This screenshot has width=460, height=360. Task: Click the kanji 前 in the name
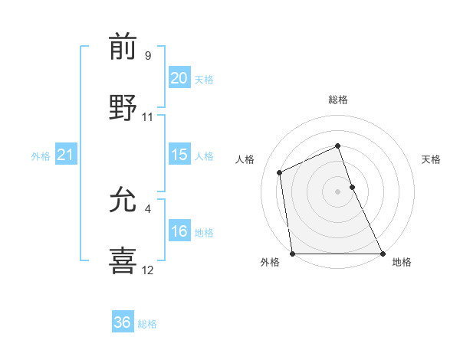click(123, 47)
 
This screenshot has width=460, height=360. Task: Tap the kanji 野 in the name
click(123, 106)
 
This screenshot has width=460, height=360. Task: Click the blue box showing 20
click(179, 78)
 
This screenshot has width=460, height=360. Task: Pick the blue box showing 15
click(179, 155)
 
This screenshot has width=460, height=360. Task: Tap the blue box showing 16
click(179, 231)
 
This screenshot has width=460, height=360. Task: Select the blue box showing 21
click(65, 155)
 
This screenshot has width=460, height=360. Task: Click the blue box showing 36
click(123, 322)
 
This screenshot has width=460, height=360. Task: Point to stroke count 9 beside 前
click(148, 56)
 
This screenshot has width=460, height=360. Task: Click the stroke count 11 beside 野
click(148, 117)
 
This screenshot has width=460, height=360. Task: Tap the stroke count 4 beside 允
click(148, 208)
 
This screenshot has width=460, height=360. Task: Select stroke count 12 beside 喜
click(148, 270)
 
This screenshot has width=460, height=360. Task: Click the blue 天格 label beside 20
click(203, 80)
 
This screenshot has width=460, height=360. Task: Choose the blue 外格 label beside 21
click(41, 156)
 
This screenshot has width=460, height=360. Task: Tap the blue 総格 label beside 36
click(147, 324)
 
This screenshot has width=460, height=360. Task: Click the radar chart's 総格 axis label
click(337, 100)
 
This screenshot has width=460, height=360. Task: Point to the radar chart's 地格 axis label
click(402, 262)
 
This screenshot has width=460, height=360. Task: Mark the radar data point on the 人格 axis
click(280, 172)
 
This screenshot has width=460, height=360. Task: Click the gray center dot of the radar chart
click(337, 191)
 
